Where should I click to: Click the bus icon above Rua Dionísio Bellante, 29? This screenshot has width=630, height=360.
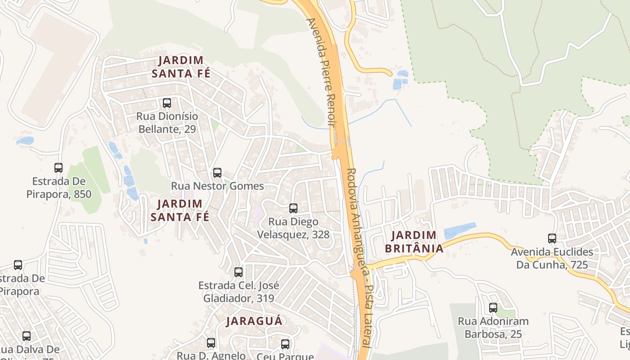click(167, 103)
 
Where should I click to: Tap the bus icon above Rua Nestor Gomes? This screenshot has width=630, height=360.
click(217, 173)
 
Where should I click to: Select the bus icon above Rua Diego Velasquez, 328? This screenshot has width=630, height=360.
click(293, 208)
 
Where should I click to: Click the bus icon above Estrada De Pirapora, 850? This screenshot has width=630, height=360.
click(58, 168)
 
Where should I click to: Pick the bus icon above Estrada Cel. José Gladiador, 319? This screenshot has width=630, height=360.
click(238, 272)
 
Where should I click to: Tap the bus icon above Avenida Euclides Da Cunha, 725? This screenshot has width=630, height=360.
click(552, 238)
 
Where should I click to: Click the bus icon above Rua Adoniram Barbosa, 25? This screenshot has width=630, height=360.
click(493, 308)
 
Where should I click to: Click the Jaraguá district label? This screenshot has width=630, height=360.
click(254, 321)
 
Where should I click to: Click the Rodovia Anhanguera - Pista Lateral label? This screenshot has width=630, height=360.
click(360, 256)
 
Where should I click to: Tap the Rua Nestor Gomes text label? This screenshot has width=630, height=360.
click(217, 186)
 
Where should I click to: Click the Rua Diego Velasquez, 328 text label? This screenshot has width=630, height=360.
click(293, 228)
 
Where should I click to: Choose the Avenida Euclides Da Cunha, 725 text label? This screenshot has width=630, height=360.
click(552, 258)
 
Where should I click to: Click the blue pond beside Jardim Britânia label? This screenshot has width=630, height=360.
click(459, 231)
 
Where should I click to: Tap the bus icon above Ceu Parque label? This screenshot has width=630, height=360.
click(285, 344)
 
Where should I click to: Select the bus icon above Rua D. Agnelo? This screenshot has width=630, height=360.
click(211, 343)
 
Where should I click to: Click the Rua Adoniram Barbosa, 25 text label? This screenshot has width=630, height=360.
click(493, 328)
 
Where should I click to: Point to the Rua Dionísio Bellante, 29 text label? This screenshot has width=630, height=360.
click(167, 123)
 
